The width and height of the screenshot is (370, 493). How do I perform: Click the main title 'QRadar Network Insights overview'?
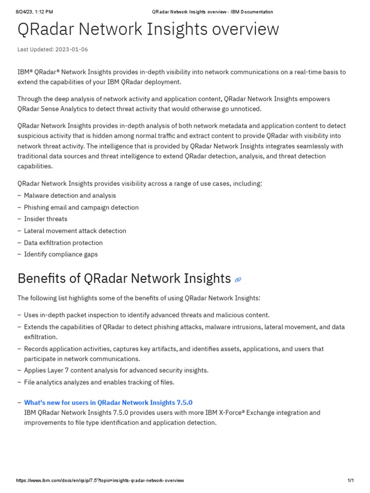(148, 29)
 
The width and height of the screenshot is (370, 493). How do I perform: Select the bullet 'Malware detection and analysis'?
(70, 195)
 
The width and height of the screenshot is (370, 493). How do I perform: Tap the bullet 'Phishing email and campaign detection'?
(81, 208)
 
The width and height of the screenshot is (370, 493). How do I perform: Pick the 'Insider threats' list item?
(46, 219)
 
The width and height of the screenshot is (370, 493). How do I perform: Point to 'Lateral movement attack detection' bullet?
(75, 231)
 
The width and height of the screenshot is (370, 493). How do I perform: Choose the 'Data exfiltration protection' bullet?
(63, 243)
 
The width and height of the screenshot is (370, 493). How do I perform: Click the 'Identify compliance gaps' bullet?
(61, 254)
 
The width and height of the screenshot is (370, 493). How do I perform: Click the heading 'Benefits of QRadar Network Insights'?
(124, 278)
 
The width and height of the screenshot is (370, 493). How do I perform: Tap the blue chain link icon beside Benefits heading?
(238, 279)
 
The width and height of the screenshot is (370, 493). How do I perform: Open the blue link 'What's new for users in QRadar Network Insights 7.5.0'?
(108, 402)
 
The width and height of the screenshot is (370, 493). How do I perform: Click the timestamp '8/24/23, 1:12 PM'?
(34, 12)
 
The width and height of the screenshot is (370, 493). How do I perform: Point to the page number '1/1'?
(351, 481)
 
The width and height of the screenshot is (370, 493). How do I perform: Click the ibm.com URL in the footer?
(100, 481)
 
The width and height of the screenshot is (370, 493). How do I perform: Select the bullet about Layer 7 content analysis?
(116, 370)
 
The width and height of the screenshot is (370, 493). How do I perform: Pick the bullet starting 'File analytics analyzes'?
(99, 382)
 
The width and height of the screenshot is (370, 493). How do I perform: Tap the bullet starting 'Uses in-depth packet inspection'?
(146, 315)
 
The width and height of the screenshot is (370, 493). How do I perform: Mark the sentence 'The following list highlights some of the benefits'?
(138, 298)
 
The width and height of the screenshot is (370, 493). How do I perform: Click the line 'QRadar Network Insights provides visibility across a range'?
(140, 184)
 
